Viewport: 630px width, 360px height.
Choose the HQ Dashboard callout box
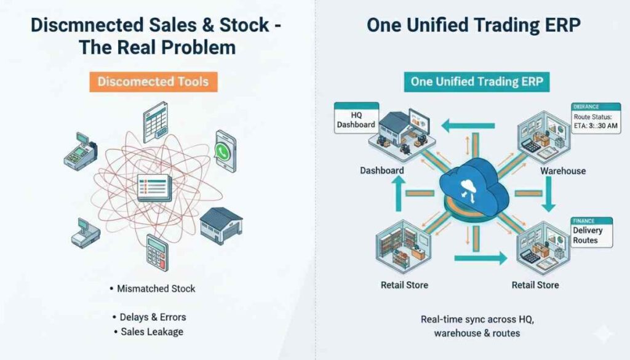pyautogui.click(x=355, y=117)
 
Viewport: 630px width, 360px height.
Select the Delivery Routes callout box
pyautogui.click(x=591, y=232)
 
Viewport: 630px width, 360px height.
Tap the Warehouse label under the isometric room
pyautogui.click(x=562, y=170)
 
